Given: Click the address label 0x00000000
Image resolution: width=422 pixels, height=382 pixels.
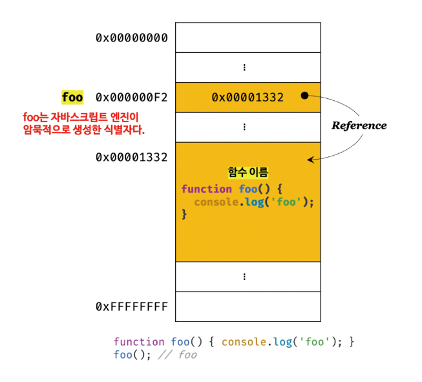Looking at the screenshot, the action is point(131,37).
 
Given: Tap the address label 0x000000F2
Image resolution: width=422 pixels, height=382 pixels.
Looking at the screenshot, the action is point(131,98).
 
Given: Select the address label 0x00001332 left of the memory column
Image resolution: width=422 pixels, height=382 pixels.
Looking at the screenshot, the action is point(131,157).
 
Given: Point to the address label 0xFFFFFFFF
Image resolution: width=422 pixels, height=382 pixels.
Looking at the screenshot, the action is point(131,306).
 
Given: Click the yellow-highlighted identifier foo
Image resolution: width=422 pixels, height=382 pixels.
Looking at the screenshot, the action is point(72,98).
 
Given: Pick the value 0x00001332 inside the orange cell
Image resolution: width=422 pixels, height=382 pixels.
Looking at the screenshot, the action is point(248,98).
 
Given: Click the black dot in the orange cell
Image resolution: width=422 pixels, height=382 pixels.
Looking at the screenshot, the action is point(304,96).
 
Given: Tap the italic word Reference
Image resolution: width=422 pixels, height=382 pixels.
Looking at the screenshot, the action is point(359,125).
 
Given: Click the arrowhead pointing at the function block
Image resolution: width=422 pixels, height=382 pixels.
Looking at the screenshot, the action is point(311,159).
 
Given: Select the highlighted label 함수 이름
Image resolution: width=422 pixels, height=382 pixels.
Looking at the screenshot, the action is point(248,173).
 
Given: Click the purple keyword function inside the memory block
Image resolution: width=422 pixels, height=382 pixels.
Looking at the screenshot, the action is point(206,189).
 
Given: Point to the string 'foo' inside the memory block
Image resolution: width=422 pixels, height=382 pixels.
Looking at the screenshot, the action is point(288,201).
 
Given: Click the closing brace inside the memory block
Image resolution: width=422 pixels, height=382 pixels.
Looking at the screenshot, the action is point(184,213).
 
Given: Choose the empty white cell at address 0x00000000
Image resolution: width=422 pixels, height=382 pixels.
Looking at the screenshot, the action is point(248,37).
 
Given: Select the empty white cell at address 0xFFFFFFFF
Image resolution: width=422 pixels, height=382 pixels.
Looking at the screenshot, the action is point(248,306).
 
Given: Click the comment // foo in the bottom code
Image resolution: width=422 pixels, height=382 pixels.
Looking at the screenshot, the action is point(179,355).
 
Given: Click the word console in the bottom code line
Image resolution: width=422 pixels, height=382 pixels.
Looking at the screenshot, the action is point(243,342).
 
